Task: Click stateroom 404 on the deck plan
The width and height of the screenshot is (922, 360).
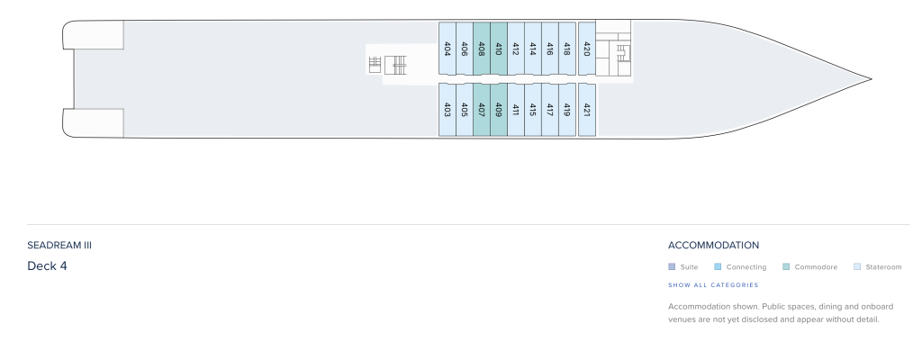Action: [447, 49]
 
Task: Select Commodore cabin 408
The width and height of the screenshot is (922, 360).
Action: [482, 49]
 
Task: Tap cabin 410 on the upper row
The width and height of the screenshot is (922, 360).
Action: [499, 49]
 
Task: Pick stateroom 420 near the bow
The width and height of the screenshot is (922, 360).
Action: [587, 49]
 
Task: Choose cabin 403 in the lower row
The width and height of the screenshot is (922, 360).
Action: [447, 110]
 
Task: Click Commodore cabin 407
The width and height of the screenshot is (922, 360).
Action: [482, 110]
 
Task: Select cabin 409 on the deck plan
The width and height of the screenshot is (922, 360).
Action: [499, 110]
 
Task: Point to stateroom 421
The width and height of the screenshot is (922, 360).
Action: [587, 110]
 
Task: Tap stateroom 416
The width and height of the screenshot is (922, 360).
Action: [550, 49]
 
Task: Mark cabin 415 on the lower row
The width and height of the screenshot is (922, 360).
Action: [533, 110]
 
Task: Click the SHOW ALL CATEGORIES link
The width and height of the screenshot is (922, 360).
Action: [713, 285]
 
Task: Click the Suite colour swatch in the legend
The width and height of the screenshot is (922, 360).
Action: [672, 266]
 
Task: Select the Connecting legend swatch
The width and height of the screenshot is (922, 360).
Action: [718, 266]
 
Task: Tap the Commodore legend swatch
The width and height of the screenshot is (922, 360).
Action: [786, 266]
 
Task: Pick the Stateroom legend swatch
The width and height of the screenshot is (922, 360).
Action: [857, 266]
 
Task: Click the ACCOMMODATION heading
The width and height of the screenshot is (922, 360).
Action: [713, 246]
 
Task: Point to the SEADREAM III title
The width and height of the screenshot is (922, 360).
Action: [59, 246]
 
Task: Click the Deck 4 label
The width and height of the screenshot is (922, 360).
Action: [47, 265]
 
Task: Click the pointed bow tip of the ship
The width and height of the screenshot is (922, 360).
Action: [871, 79]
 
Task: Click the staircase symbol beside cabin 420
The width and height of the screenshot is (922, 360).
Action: [623, 53]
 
